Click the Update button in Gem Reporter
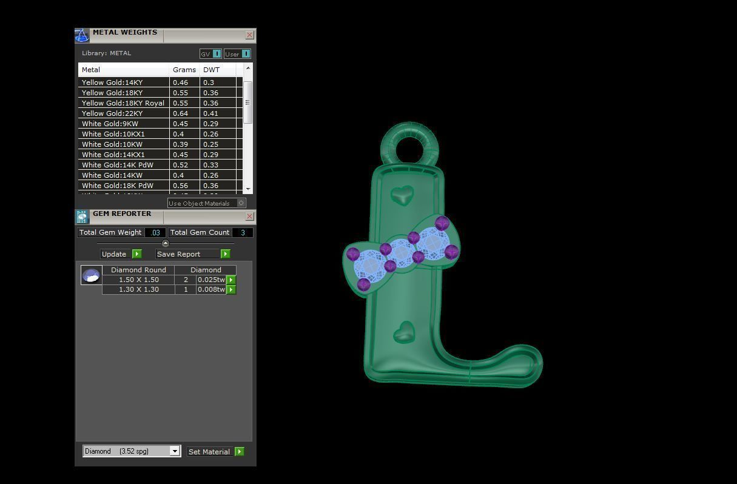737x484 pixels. point(121,254)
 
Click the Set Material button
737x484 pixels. point(215,452)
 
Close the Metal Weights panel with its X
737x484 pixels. point(249,35)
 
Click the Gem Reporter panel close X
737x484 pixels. point(249,217)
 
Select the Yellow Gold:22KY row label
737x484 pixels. point(112,113)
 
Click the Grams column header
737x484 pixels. point(184,70)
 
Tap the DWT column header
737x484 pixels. point(211,70)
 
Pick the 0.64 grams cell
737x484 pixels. point(180,113)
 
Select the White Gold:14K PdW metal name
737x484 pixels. point(117,165)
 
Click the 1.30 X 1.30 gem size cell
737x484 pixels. point(138,290)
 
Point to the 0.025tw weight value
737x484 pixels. point(210,280)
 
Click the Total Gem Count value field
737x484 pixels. point(243,232)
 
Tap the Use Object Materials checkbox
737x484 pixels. point(241,203)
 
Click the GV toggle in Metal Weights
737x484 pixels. point(210,54)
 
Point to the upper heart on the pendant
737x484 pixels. point(402,195)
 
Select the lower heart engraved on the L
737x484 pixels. point(404,332)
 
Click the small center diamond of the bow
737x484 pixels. point(401,250)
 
